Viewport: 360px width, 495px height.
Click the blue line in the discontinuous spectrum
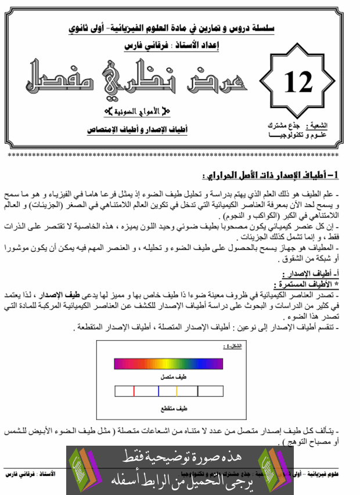[158, 392]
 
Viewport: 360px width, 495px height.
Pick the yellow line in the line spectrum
[177, 392]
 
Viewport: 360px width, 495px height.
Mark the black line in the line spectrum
[198, 392]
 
